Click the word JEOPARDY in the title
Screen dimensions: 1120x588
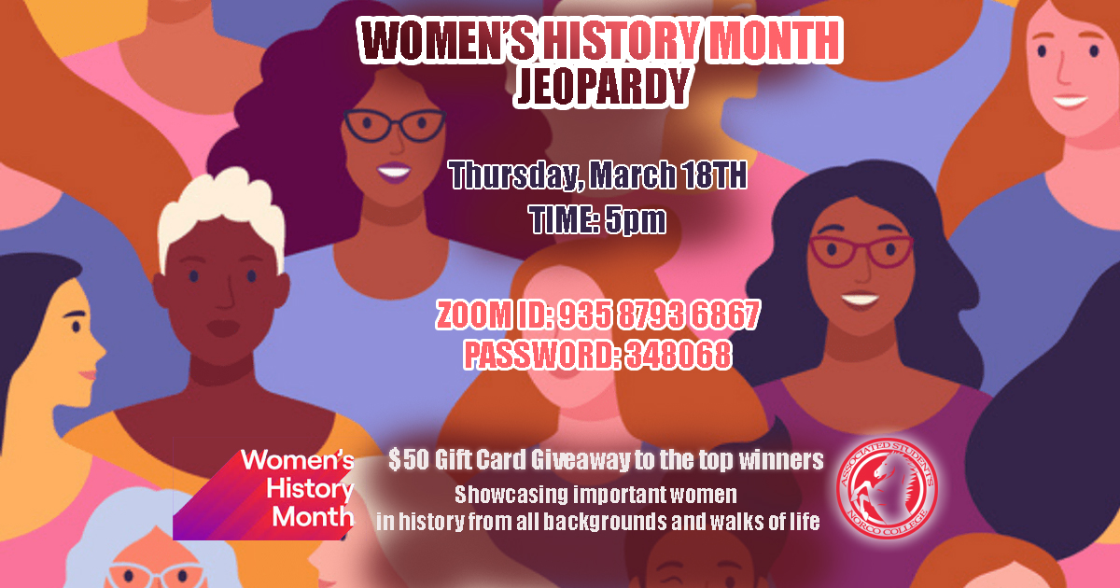coord(603,87)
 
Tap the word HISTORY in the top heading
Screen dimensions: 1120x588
coord(621,40)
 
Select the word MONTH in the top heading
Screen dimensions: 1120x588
coord(774,40)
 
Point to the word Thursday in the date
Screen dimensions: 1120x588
coord(516,175)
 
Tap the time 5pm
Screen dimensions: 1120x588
coord(635,220)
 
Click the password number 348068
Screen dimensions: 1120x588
coord(679,355)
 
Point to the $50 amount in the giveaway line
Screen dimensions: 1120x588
coord(408,459)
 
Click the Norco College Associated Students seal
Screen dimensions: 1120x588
coord(888,488)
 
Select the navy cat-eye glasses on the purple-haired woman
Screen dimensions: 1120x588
coord(395,125)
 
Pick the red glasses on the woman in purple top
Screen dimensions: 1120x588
coord(861,251)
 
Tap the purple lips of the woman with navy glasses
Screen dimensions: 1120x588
coord(394,172)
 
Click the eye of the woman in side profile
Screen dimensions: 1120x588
coord(76,327)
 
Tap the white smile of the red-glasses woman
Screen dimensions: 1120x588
coord(860,300)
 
